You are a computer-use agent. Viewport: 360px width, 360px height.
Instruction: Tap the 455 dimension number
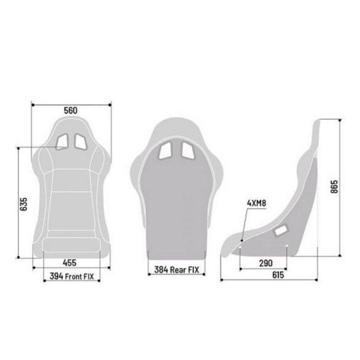tap(71, 262)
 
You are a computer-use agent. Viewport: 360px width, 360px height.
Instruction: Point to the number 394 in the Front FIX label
tap(57, 276)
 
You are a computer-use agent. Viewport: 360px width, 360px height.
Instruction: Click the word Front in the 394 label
tap(75, 276)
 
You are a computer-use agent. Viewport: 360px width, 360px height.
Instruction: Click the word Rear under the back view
tap(177, 268)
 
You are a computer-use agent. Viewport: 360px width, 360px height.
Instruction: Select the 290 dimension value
tap(265, 263)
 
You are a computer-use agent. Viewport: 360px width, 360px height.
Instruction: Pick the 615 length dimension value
tap(278, 275)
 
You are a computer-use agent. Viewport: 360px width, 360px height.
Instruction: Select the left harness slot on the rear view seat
tap(167, 150)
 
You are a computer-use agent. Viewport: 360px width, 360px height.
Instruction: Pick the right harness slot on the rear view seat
tap(186, 150)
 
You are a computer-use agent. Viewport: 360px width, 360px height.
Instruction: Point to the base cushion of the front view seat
tap(71, 246)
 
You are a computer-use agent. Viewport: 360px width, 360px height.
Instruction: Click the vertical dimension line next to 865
tap(339, 188)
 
